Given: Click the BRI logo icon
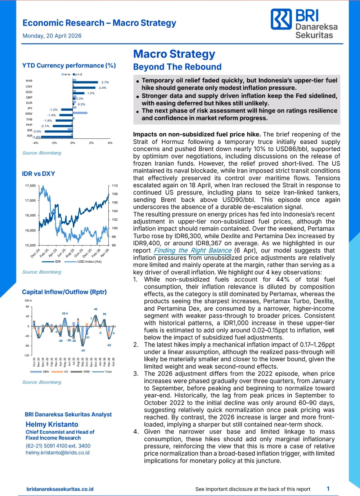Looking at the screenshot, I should tap(281, 19).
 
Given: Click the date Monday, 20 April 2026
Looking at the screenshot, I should tap(52, 36).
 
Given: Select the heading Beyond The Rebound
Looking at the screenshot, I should tap(177, 67).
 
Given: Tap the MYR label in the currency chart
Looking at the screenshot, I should tap(29, 81).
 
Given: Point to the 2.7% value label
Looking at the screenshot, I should tap(105, 82).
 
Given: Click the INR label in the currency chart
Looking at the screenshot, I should tap(29, 136).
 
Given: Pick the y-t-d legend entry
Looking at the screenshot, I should tap(78, 74).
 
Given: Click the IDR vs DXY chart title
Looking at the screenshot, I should tap(38, 174).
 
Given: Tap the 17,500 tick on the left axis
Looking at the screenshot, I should tap(30, 185).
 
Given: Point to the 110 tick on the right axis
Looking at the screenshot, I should tap(115, 185).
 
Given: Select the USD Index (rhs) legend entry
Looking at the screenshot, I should tap(89, 261).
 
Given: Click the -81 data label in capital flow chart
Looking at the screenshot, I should tap(83, 351).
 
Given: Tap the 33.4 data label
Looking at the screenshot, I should tap(65, 313).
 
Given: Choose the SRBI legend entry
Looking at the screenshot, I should tap(86, 372).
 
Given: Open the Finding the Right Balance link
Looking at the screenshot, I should tap(193, 250).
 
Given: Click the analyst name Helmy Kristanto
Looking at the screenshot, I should tap(52, 424).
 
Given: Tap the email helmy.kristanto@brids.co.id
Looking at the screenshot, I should tap(57, 453).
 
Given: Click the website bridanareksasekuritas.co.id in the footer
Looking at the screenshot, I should tap(60, 489).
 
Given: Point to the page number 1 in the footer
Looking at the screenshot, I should tap(328, 489).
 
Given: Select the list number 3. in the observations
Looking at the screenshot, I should tap(136, 373).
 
